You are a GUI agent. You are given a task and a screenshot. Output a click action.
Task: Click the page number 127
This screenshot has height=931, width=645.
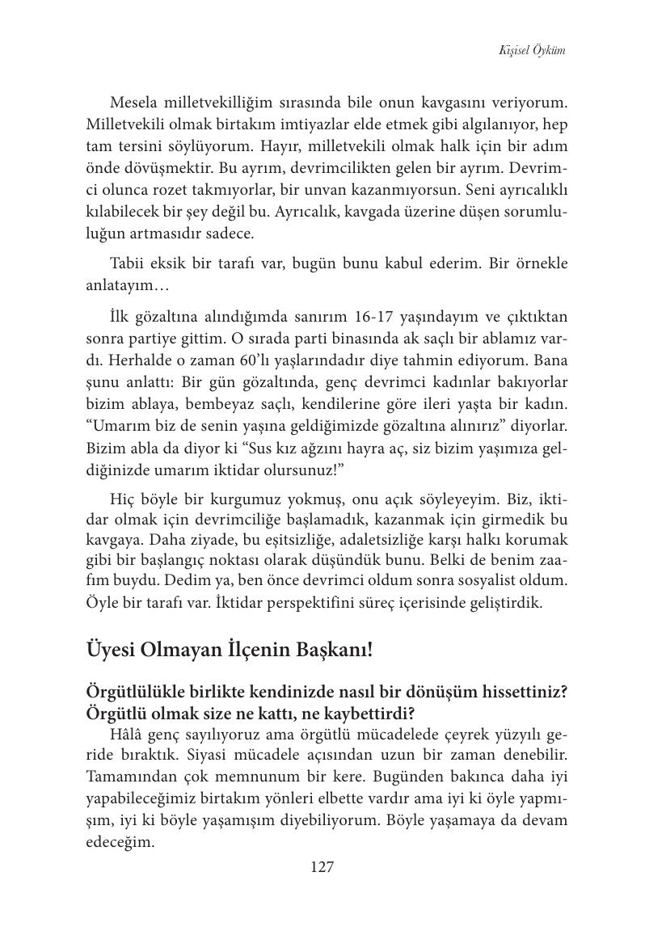(322, 868)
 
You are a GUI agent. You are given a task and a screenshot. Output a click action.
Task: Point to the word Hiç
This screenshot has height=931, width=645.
(121, 497)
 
